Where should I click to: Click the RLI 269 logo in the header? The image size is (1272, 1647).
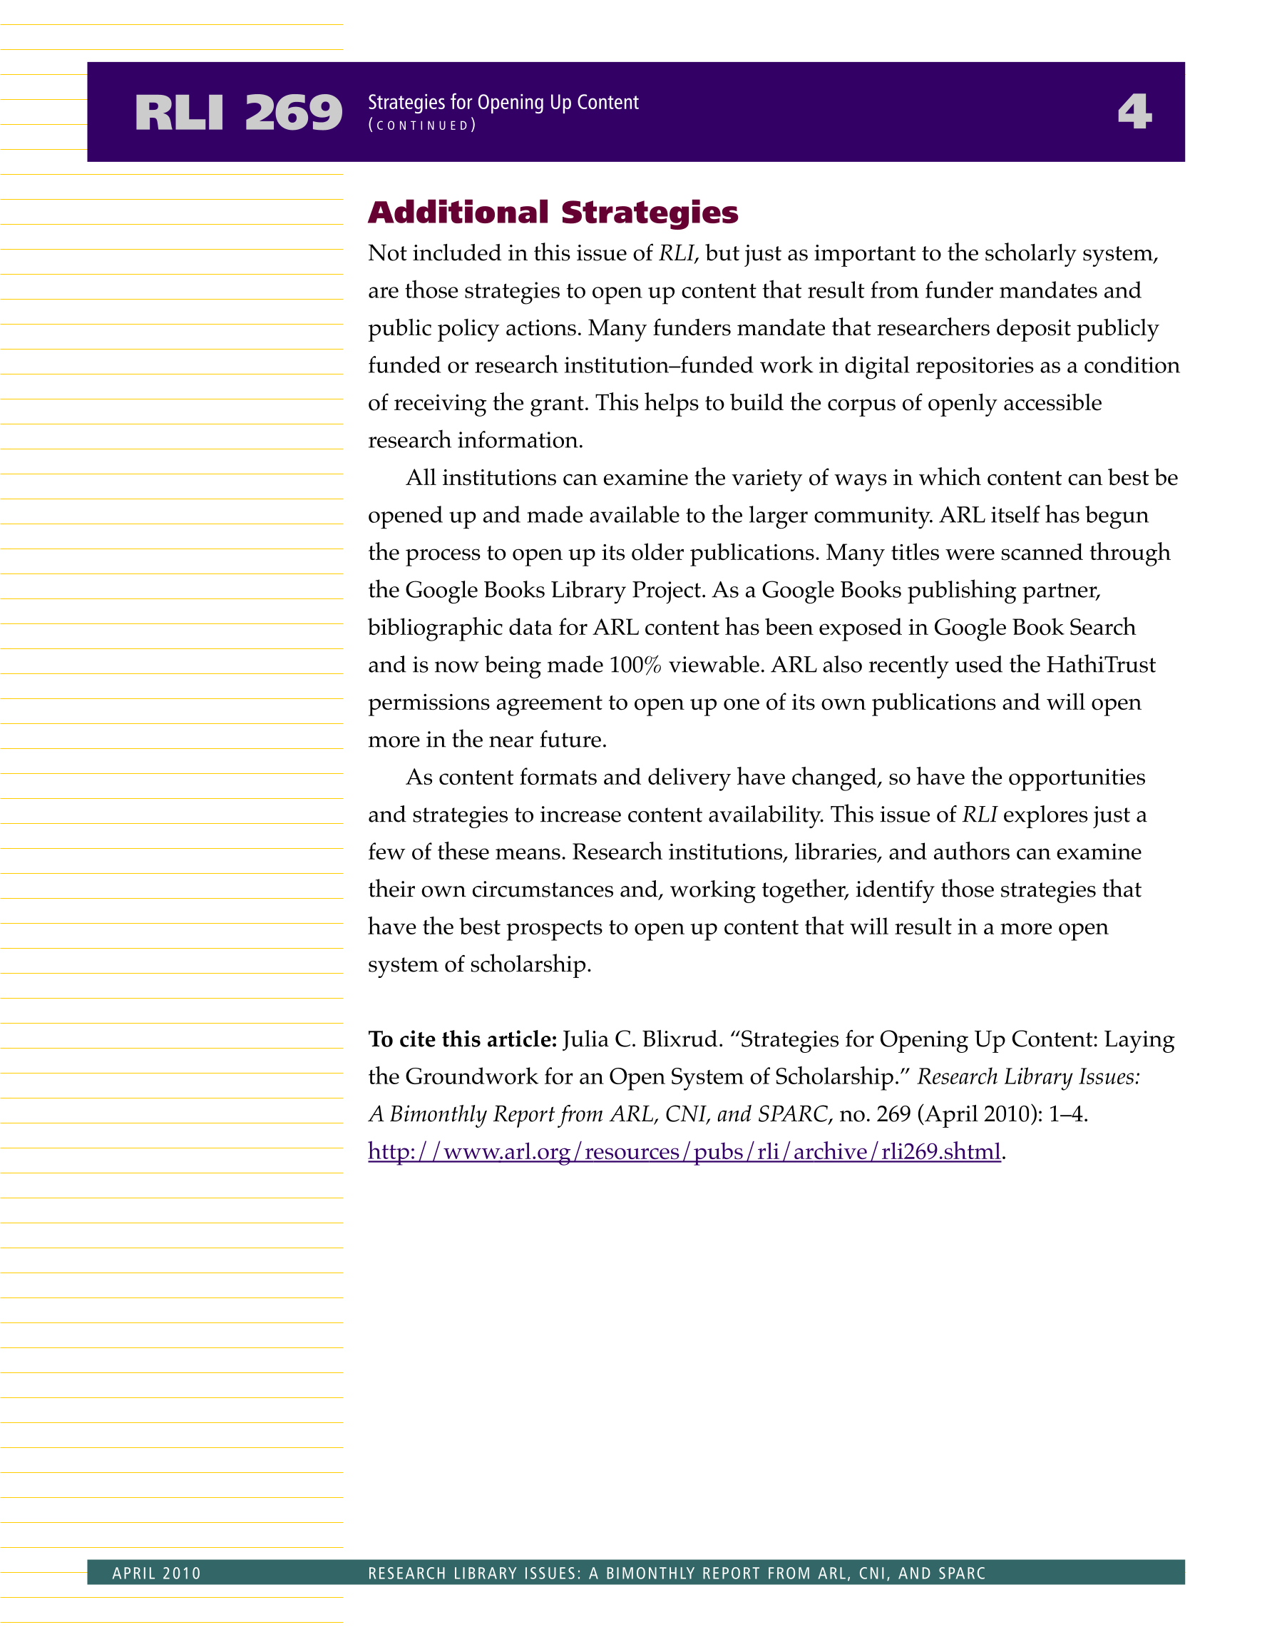238,113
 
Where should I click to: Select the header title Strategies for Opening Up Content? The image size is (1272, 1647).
503,103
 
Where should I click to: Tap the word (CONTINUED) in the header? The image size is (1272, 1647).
421,126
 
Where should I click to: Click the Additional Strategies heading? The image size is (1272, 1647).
553,213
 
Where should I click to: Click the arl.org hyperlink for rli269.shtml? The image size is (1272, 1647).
684,1151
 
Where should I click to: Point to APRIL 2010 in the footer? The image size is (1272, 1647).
157,1573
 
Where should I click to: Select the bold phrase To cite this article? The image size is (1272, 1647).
462,1039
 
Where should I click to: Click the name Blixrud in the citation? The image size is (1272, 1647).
682,1039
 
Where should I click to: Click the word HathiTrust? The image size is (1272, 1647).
1101,665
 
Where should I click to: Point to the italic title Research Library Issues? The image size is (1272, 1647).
1028,1077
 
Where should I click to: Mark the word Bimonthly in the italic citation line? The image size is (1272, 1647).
437,1115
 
